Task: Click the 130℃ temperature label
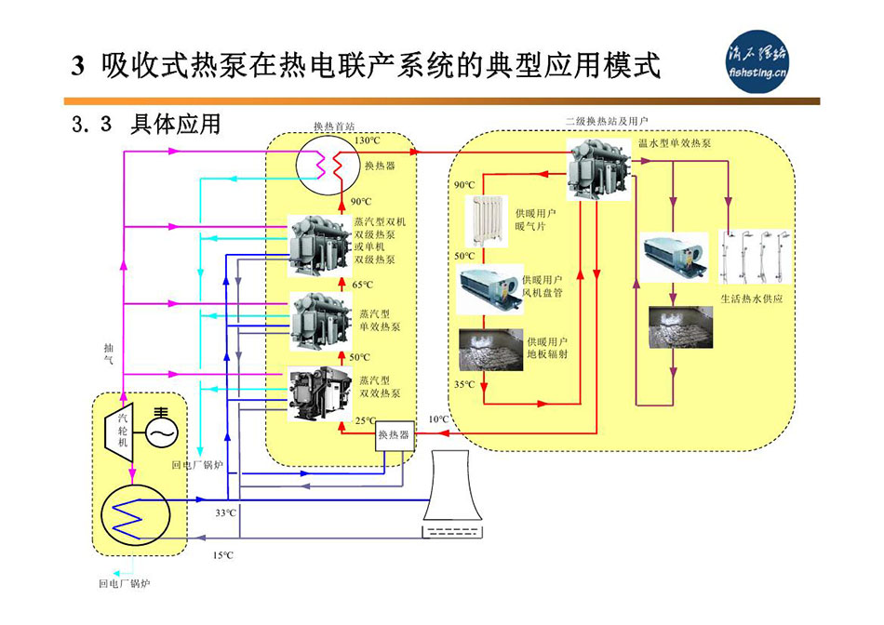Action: [368, 140]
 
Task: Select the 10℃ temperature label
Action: [437, 419]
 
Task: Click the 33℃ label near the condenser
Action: [225, 512]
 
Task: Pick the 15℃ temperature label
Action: [222, 555]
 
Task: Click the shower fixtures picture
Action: [754, 258]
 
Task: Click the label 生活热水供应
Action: [752, 299]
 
